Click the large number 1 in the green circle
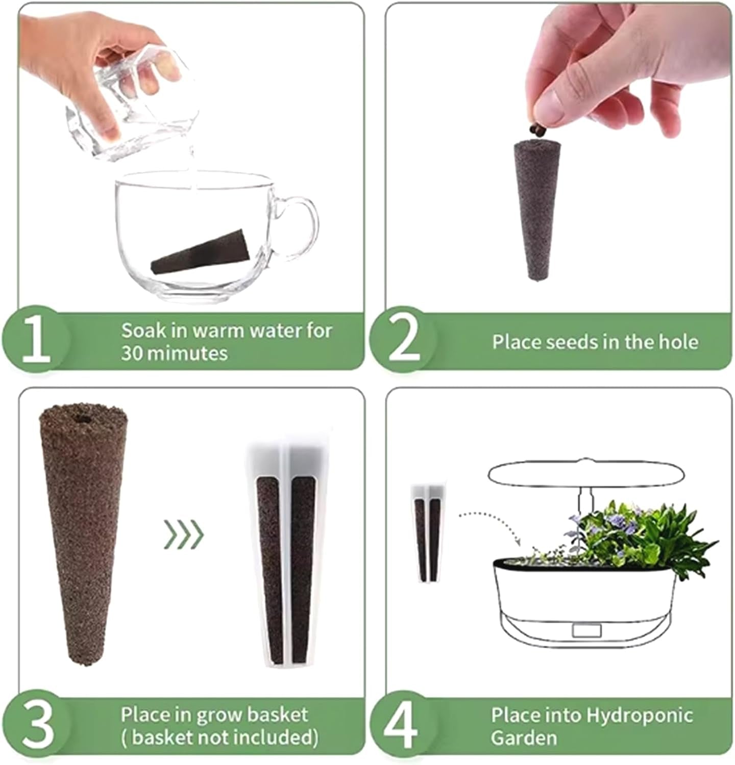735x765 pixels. (35, 338)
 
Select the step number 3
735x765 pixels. (37, 724)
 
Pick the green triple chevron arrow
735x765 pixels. (184, 534)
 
